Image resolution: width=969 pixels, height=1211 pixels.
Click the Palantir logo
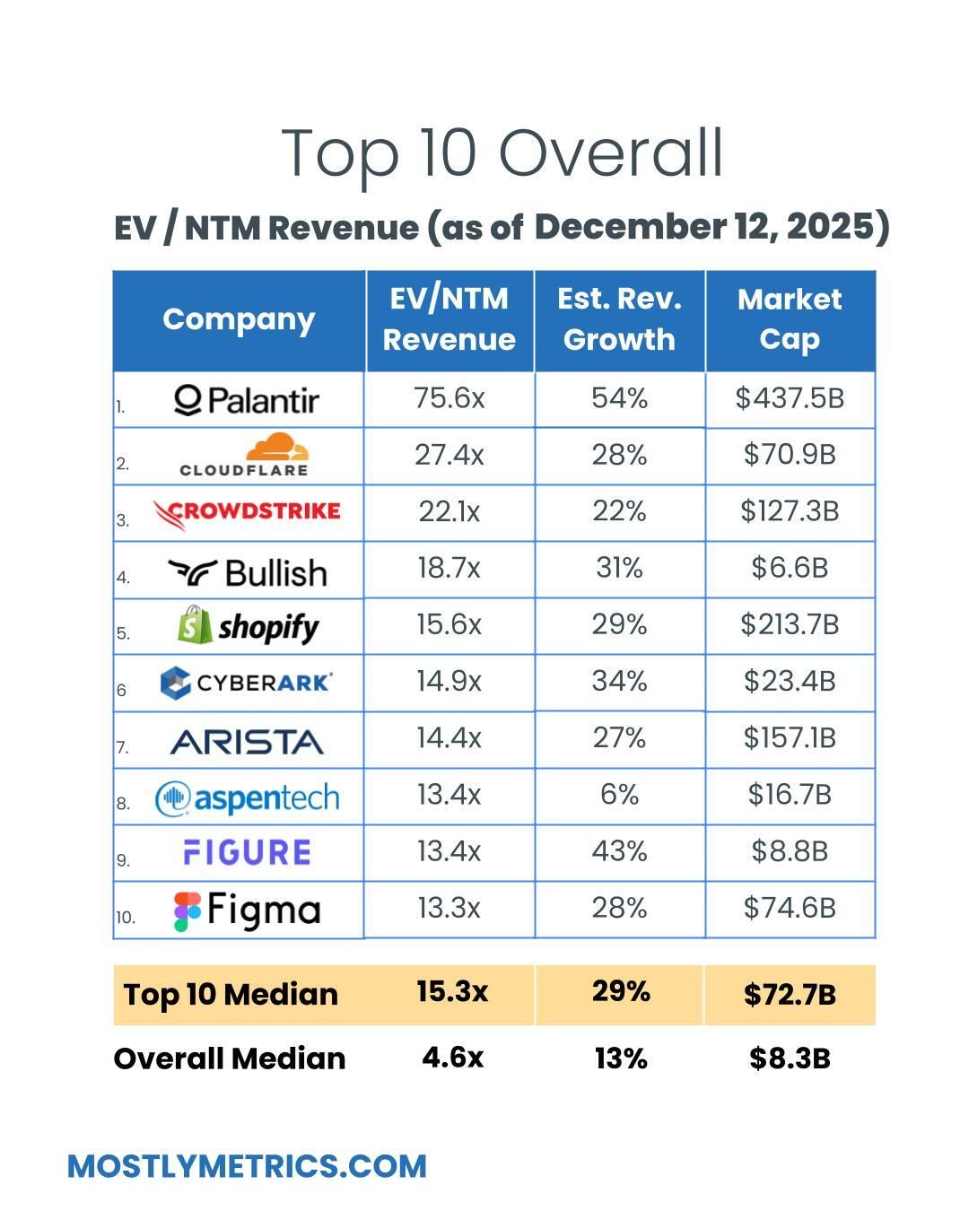[x=246, y=400]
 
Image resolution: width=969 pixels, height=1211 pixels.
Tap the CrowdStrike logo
[x=246, y=513]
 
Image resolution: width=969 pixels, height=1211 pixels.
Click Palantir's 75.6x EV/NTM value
[x=449, y=398]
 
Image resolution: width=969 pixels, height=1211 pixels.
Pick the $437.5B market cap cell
[x=790, y=398]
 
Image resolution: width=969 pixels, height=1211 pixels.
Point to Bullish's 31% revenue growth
[x=619, y=568]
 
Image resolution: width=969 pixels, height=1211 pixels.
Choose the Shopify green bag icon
[x=195, y=624]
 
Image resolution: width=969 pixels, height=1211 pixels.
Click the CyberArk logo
[x=246, y=683]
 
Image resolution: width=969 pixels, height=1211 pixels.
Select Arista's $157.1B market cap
[x=790, y=738]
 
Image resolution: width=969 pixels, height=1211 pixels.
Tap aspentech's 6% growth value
[x=619, y=795]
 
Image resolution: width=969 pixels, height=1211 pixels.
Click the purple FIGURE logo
[x=247, y=852]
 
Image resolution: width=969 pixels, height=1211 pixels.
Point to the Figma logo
[x=247, y=910]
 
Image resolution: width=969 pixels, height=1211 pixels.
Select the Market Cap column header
[x=790, y=319]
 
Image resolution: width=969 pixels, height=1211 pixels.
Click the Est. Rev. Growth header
[x=619, y=319]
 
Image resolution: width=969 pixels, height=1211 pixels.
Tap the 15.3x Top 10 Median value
[x=452, y=992]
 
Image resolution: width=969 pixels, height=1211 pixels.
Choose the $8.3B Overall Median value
[x=790, y=1059]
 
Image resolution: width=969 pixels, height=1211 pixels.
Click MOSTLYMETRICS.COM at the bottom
[x=247, y=1166]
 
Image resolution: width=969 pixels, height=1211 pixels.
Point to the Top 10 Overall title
[x=502, y=152]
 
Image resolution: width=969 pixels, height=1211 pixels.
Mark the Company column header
[x=239, y=319]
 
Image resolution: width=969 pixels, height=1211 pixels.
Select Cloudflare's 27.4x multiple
[x=449, y=456]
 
